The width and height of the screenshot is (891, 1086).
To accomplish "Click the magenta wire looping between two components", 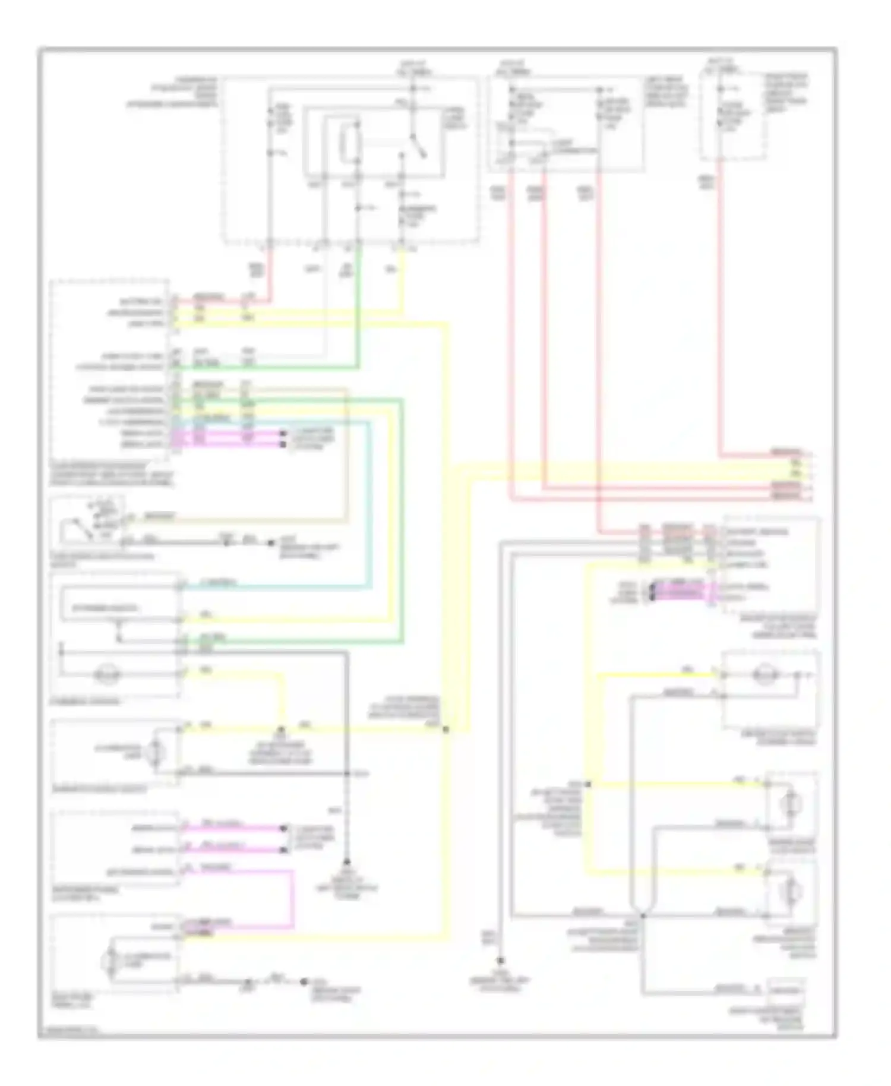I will pyautogui.click(x=292, y=899).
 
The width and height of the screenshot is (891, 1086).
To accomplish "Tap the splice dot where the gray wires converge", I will pyautogui.click(x=642, y=915).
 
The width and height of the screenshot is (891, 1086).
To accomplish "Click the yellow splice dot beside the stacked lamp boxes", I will pyautogui.click(x=587, y=784).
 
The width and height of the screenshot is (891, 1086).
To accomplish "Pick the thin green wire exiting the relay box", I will pyautogui.click(x=358, y=309).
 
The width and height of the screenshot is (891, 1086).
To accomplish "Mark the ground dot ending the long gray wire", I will pyautogui.click(x=501, y=961).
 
